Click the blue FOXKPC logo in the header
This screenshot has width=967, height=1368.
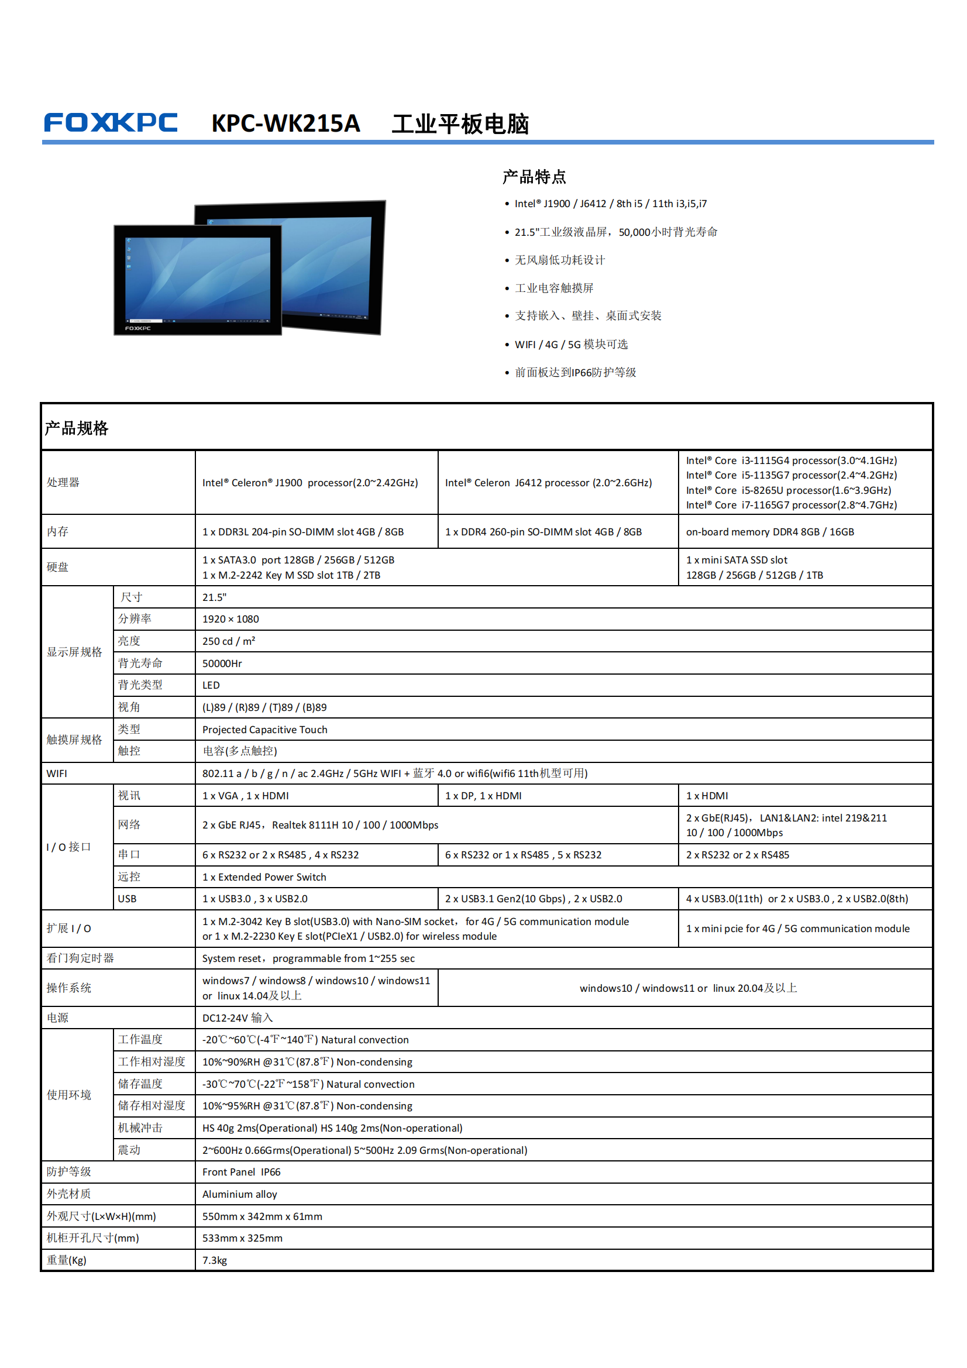(x=111, y=123)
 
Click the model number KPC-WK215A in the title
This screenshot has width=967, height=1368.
(x=285, y=124)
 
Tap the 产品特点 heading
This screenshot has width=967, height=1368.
(x=534, y=177)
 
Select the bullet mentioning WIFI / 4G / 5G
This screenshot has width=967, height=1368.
(x=571, y=345)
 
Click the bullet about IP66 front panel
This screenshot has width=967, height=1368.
(x=575, y=372)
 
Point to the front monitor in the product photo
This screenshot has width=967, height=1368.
(x=197, y=280)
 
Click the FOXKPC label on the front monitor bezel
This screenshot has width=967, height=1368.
(x=137, y=328)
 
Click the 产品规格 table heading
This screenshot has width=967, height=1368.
(x=76, y=428)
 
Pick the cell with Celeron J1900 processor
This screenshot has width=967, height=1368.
(x=310, y=483)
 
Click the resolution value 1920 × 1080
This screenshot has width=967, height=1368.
(x=230, y=619)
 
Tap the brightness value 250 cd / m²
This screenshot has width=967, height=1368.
(x=229, y=641)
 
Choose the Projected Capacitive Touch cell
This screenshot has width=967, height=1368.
(x=264, y=730)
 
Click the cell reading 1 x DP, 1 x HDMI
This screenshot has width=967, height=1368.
(x=483, y=796)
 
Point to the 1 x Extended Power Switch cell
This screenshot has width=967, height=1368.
(x=264, y=877)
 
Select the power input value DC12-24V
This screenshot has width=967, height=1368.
(x=237, y=1018)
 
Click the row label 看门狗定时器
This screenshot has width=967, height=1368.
(x=80, y=958)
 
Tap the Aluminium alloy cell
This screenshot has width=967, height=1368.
(x=239, y=1194)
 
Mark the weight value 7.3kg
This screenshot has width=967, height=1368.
(x=215, y=1260)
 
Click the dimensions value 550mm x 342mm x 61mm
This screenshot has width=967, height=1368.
(x=262, y=1216)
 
